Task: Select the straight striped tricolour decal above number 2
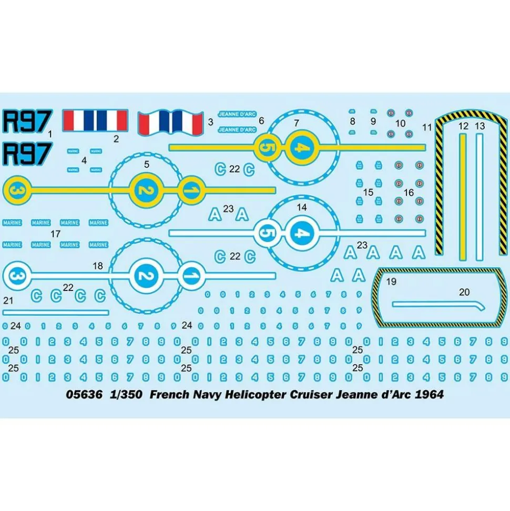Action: pos(96,121)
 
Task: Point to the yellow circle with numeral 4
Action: pos(299,147)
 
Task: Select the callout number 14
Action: pos(301,208)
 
